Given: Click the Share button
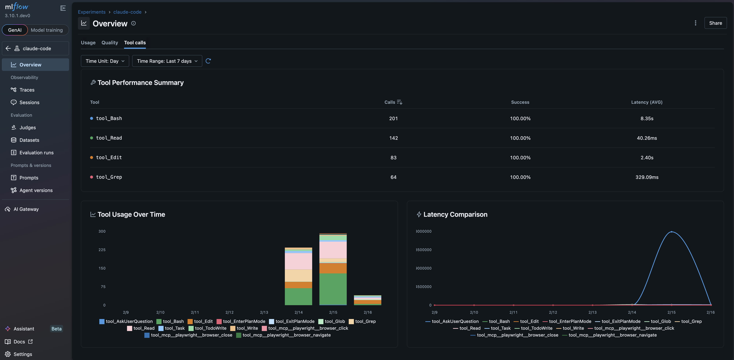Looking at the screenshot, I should click(x=715, y=23).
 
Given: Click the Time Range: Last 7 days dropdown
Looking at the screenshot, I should click(x=167, y=61).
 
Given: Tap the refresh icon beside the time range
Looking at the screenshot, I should click(x=208, y=61).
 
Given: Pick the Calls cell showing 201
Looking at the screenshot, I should click(x=393, y=119).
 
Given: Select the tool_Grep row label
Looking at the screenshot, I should click(x=109, y=177).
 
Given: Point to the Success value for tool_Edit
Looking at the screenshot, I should click(x=520, y=158).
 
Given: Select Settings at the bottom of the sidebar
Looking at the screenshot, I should click(x=23, y=354).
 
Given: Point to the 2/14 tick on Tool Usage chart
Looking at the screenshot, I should click(x=298, y=312).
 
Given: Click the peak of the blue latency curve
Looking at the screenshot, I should click(x=672, y=232).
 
